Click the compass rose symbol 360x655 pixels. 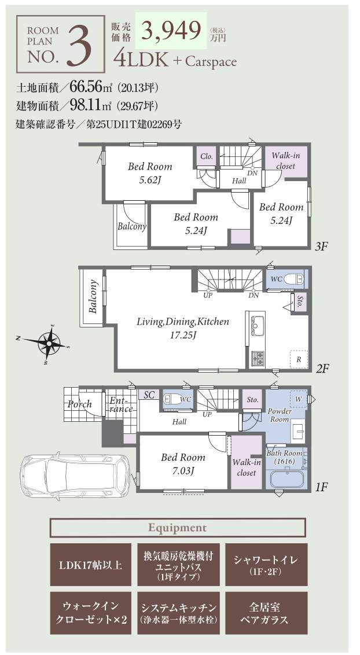pos(49,344)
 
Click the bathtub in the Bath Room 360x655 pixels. pos(288,479)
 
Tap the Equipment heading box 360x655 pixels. pos(178,528)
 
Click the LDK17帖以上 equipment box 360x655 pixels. pos(91,564)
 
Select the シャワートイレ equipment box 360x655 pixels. pos(266,564)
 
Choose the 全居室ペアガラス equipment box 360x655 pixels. pos(266,613)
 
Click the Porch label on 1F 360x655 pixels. pos(80,404)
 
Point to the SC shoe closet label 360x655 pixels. pos(149,395)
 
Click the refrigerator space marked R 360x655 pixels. pos(299,359)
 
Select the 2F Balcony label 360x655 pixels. pos(93,296)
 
